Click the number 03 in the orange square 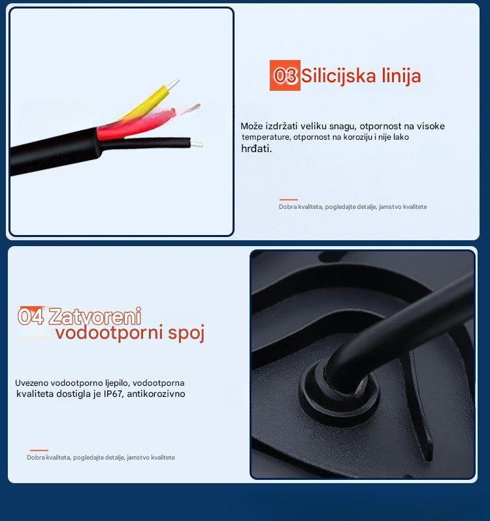[285, 76]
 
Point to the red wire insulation [137, 125]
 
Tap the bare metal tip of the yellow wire [173, 84]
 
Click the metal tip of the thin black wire [196, 144]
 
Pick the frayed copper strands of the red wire [191, 108]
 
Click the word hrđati [256, 148]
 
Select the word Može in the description [252, 126]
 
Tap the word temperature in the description [266, 137]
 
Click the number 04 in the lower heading [31, 316]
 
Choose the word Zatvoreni [95, 316]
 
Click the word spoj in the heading [186, 333]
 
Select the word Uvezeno [31, 383]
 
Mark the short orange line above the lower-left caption [39, 450]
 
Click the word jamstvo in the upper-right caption [390, 207]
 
